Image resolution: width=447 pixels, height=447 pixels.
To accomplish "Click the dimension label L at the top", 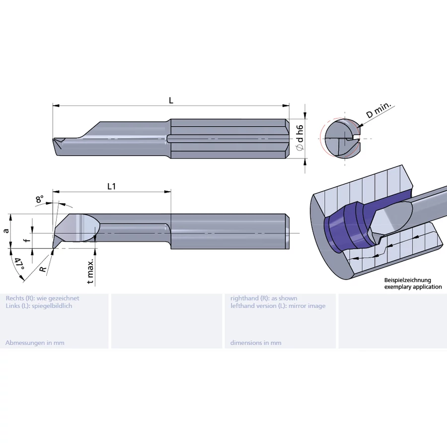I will (171, 100).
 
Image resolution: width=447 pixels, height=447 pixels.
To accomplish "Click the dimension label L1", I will (112, 186).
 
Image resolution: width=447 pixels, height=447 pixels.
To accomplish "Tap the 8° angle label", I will (39, 200).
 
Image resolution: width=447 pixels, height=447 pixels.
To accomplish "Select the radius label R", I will (43, 269).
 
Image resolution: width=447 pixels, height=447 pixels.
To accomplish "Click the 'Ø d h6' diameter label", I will (299, 139).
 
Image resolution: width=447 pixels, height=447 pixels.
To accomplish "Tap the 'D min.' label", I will (379, 111).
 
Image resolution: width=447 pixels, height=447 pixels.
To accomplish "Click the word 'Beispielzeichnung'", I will (408, 281).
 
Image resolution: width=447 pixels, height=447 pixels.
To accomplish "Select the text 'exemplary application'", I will (413, 287).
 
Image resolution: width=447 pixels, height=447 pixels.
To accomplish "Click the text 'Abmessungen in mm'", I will (35, 343).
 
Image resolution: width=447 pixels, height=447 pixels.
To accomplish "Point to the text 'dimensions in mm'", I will (256, 343).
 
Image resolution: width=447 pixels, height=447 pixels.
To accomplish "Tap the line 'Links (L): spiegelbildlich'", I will (39, 306).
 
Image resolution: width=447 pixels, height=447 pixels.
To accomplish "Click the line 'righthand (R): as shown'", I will (264, 298).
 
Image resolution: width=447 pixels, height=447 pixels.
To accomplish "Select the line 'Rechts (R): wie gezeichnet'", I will (42, 298).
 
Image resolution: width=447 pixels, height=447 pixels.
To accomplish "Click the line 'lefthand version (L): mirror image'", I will (278, 306).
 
